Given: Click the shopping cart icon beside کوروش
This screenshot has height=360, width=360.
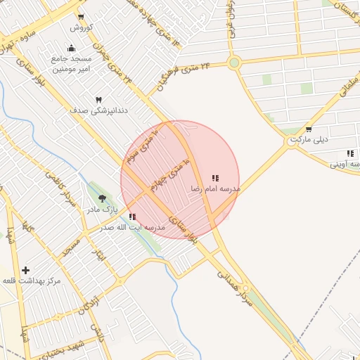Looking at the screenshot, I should point(82,17).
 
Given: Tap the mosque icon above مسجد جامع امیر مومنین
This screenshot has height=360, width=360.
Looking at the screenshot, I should point(71,48).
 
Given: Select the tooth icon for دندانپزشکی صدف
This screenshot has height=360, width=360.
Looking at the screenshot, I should point(98,100).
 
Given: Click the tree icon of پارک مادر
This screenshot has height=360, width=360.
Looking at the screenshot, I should point(103,200).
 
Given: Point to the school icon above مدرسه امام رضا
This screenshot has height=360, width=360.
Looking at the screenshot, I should point(215,179).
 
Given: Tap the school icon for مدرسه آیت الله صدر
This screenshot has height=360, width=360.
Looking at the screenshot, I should point(132,217).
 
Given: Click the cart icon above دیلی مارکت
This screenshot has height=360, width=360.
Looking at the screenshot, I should point(309,129).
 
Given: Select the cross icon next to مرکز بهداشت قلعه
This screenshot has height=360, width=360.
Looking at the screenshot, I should point(26,270).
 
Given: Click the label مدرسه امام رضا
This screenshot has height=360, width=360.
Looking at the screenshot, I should point(215,190).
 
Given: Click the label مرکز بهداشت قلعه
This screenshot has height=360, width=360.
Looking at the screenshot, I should point(32,281).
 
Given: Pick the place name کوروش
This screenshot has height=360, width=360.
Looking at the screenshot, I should point(80,27).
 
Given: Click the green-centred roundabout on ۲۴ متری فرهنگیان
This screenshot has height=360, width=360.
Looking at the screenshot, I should point(234,63).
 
